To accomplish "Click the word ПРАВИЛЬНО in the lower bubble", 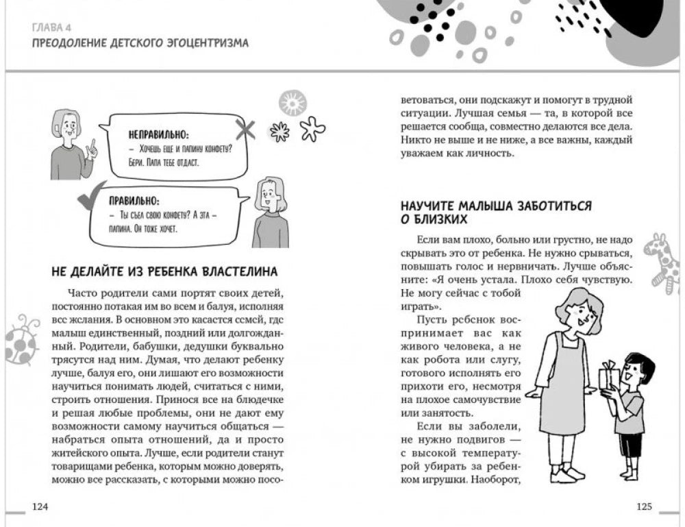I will [x=134, y=201].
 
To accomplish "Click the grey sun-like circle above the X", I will [x=292, y=103].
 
